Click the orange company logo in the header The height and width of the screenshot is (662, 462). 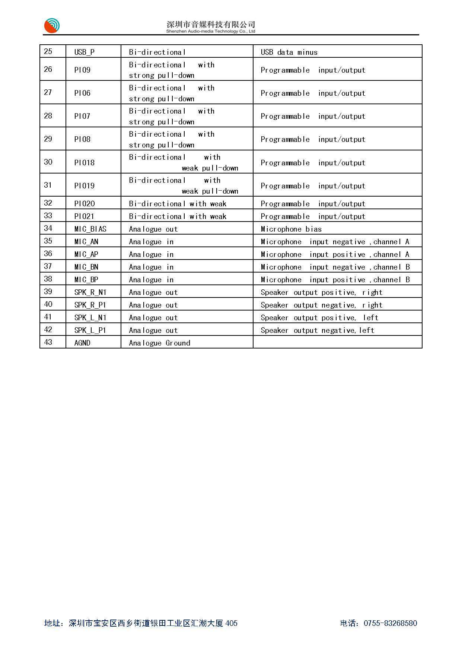(x=52, y=26)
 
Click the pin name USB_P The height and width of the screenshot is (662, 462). (x=85, y=52)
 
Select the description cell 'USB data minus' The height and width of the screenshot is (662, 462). (x=289, y=52)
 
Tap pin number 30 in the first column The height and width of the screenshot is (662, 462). (x=48, y=162)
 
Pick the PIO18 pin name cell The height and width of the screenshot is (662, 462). (x=85, y=163)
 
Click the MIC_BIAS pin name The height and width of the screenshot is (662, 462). (x=90, y=229)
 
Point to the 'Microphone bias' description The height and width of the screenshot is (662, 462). (x=291, y=229)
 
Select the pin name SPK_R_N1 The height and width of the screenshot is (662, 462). (x=90, y=292)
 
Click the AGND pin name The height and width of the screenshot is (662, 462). (x=82, y=343)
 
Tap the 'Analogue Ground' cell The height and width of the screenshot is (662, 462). (x=159, y=343)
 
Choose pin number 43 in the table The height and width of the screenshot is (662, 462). (x=48, y=342)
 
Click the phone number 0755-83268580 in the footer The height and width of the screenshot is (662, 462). (x=390, y=623)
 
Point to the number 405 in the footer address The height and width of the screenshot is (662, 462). (x=231, y=623)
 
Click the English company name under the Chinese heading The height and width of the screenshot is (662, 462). (x=211, y=32)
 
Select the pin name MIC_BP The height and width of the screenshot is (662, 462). (x=86, y=280)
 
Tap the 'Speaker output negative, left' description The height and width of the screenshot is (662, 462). (x=317, y=330)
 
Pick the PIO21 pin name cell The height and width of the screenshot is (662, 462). (x=84, y=216)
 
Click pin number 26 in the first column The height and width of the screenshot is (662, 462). (x=48, y=69)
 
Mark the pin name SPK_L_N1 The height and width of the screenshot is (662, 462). (x=90, y=318)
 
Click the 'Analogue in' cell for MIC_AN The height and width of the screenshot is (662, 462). (x=151, y=242)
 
